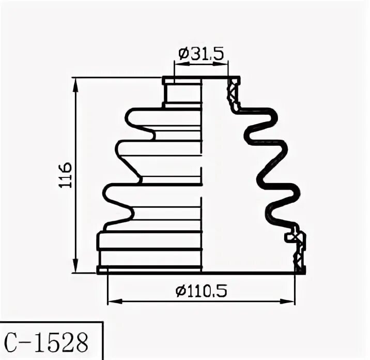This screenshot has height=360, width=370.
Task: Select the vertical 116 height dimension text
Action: coord(66,175)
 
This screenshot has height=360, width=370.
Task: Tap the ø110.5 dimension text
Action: coord(201,292)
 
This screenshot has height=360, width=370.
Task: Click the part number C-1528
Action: coord(46,341)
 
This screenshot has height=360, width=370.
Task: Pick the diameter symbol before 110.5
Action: coord(180,292)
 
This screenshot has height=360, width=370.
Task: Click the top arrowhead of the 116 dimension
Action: coord(76,82)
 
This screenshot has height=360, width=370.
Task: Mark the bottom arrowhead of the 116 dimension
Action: coord(76,268)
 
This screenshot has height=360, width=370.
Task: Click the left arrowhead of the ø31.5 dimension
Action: coord(178,64)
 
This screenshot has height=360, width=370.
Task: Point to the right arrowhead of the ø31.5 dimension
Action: coord(224,64)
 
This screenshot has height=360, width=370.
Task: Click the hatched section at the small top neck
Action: coord(233,93)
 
